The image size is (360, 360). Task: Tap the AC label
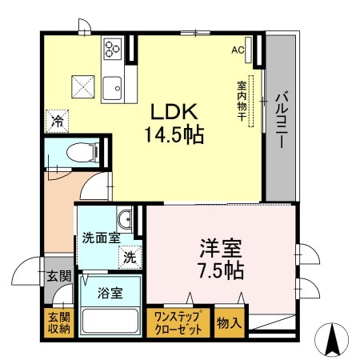238,50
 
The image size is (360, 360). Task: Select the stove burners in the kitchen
112,49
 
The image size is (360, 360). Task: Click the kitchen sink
112,82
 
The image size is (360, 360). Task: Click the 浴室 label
110,292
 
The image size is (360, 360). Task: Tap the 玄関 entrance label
58,277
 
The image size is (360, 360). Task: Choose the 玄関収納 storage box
58,322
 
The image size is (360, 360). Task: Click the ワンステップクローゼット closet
180,322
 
